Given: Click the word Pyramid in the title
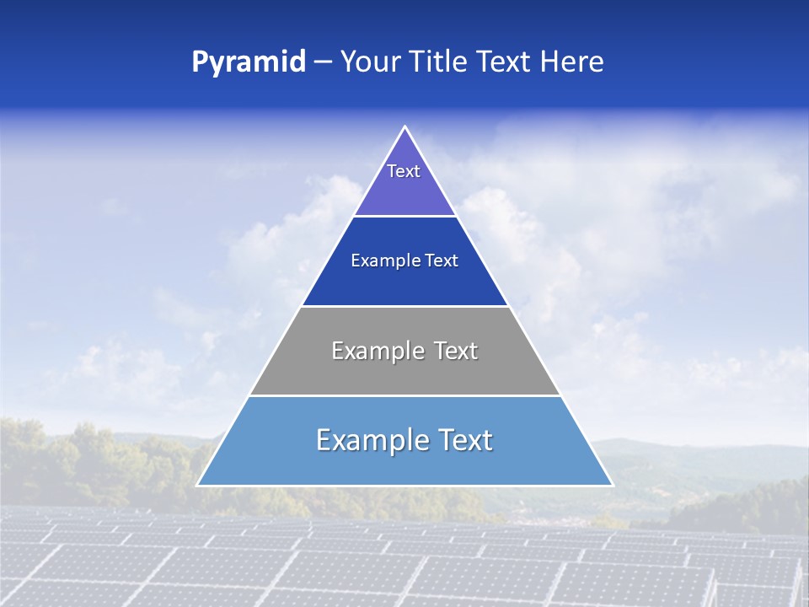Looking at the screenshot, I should [x=248, y=62].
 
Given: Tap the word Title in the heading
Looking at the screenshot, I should [x=440, y=62].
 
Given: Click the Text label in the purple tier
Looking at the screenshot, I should [x=404, y=171].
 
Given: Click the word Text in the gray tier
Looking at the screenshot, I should [x=455, y=351].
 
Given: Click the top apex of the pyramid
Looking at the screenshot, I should [x=404, y=127].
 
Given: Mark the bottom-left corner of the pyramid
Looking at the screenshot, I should [x=198, y=486].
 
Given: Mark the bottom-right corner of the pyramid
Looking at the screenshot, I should [x=612, y=486].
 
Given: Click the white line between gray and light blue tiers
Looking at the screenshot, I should [x=404, y=395].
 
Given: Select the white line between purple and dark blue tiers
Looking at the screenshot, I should [x=404, y=217].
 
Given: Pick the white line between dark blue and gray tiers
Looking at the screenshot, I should [x=404, y=306].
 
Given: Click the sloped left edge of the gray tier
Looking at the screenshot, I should [x=275, y=351].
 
